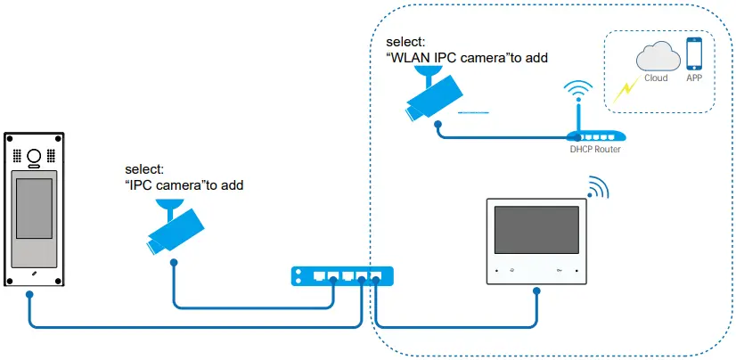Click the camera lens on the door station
(35, 157)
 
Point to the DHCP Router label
(594, 149)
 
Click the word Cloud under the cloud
(656, 78)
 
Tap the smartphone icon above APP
(694, 53)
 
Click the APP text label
(694, 78)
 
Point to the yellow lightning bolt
(625, 86)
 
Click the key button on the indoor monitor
(559, 269)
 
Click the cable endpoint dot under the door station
(31, 294)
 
